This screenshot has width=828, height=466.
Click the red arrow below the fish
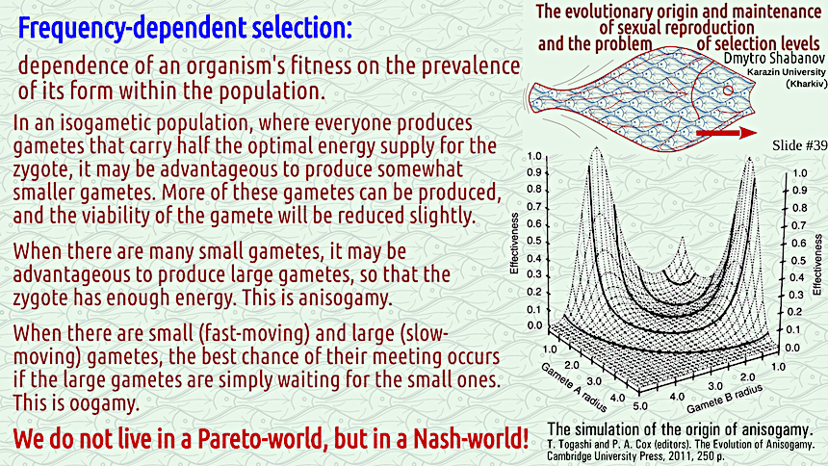pos(727,133)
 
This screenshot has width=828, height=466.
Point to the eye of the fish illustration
pos(728,91)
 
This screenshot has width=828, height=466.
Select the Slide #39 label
pos(799,145)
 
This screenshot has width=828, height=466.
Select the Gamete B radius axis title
pos(724,400)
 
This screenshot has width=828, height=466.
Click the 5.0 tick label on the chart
pos(640,405)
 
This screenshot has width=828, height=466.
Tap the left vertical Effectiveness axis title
pos(514,243)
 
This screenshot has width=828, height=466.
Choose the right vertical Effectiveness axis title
pos(818,265)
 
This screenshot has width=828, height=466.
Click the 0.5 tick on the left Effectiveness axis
pos(534,242)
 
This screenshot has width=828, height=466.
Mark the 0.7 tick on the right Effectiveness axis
pos(799,226)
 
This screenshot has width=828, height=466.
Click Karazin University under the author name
pos(787,72)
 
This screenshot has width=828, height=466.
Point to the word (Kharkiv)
pos(807,84)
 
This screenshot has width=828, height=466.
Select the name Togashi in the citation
pos(573,445)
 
